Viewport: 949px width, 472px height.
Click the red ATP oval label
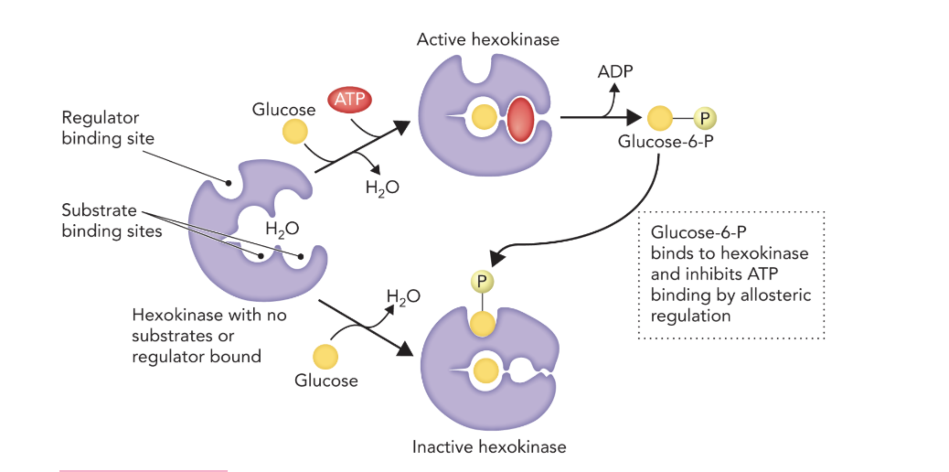pos(350,100)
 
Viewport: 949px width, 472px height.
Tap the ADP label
pos(615,70)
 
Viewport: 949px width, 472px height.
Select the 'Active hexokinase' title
pos(487,39)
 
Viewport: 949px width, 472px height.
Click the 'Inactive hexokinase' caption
pos(489,447)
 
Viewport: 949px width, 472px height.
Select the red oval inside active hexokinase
pos(520,119)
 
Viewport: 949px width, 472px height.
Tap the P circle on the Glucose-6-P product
pos(705,118)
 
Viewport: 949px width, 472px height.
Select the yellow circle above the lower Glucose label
pos(325,356)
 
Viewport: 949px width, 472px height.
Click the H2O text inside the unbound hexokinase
pos(282,229)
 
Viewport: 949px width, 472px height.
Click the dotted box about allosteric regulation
pos(731,274)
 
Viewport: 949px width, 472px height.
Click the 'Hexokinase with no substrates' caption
pos(209,316)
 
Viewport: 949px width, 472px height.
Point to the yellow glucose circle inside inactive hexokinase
pos(486,369)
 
